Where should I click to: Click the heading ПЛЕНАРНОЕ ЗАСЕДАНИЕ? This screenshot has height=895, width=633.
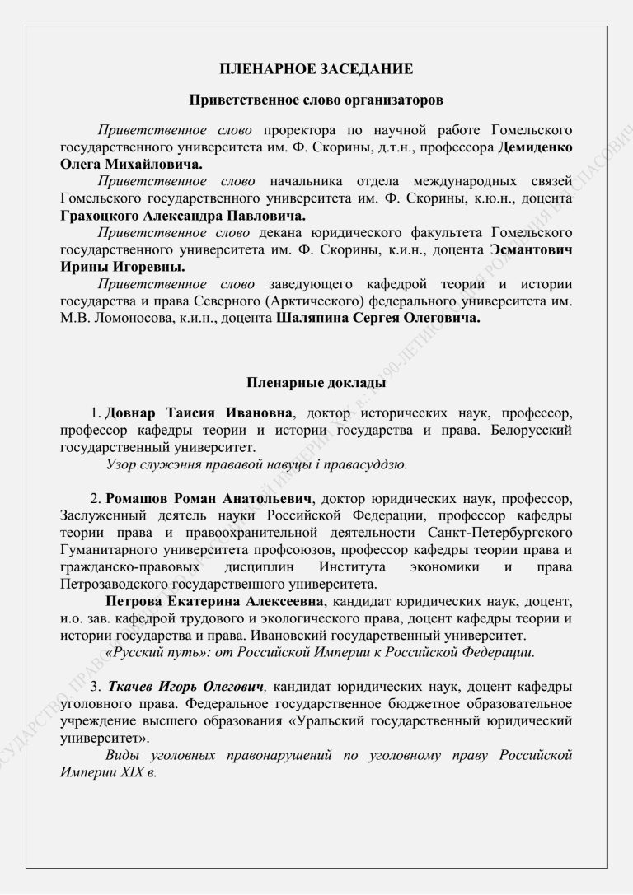[316, 70]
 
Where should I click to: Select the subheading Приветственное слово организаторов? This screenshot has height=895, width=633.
[316, 101]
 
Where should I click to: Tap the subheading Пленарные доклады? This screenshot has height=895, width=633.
[316, 382]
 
